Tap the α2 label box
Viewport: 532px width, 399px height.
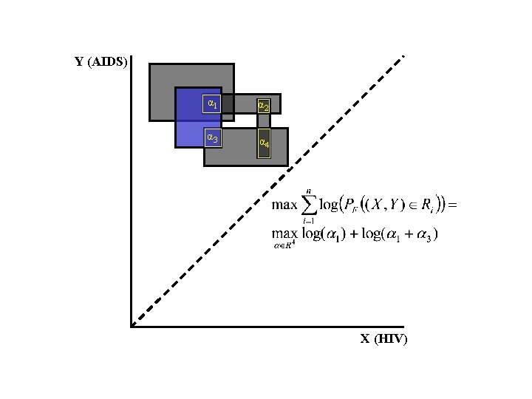point(263,106)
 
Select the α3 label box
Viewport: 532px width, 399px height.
point(212,137)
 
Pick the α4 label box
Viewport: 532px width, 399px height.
point(263,142)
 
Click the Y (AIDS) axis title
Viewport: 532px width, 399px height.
point(101,62)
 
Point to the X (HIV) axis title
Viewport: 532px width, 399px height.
point(383,339)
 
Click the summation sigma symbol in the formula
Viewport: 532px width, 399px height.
point(309,205)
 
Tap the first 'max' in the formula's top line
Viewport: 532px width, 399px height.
point(284,205)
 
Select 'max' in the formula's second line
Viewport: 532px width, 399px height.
point(284,234)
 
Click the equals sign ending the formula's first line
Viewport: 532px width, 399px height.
point(453,205)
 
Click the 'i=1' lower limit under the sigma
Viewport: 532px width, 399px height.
point(308,220)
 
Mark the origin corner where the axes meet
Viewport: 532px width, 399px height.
point(132,325)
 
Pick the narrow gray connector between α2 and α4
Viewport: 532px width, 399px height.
point(264,121)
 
